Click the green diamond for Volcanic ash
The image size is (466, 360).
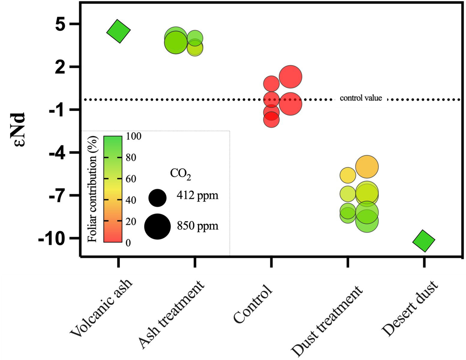(119, 31)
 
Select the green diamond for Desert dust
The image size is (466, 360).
(424, 241)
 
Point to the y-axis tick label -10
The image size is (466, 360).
(52, 239)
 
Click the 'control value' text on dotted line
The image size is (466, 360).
(361, 98)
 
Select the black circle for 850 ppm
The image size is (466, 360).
(157, 226)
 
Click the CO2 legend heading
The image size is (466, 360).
(180, 174)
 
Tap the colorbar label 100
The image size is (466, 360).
(133, 136)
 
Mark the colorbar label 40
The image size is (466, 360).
(131, 200)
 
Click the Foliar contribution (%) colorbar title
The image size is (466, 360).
(94, 189)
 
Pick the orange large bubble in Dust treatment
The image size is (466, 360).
(367, 167)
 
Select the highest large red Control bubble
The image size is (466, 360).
(290, 77)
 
